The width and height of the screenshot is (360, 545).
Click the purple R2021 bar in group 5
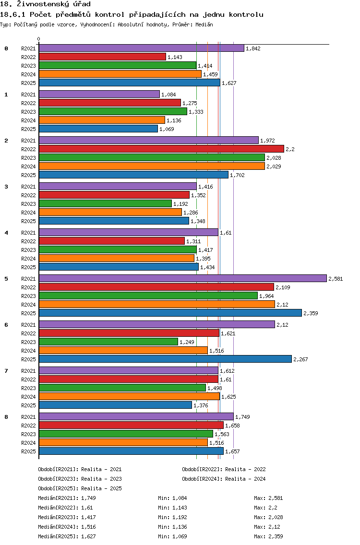183,278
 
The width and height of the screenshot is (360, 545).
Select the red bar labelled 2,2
161,149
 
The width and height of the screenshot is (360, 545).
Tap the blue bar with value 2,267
165,359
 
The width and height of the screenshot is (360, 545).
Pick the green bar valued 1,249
108,342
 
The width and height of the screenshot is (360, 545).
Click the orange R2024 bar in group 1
102,120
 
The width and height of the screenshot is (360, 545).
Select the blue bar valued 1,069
98,129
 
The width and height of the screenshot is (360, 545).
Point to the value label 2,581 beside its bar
336,279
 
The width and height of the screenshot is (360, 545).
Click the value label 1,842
253,48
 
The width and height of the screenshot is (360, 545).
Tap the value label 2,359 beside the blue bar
311,313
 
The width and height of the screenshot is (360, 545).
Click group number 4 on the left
6,233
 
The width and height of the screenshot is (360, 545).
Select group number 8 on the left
6,417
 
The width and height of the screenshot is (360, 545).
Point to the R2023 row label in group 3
28,204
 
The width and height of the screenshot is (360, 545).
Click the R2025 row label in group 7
28,405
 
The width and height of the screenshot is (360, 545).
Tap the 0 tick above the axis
38,39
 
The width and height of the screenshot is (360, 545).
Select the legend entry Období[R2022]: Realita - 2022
224,469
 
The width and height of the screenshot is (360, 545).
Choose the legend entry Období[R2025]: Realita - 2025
80,488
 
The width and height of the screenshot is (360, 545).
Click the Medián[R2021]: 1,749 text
67,498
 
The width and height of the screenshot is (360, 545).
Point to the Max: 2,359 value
268,536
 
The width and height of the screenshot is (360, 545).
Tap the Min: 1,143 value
172,508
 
